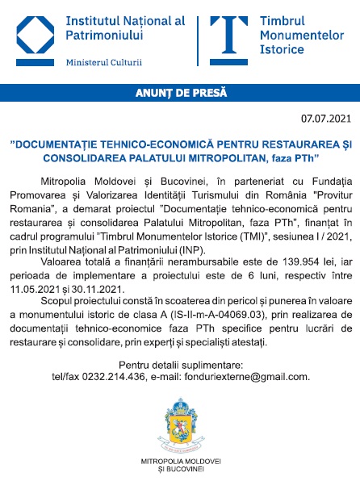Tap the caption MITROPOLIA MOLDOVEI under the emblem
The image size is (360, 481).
pyautogui.click(x=180, y=461)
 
